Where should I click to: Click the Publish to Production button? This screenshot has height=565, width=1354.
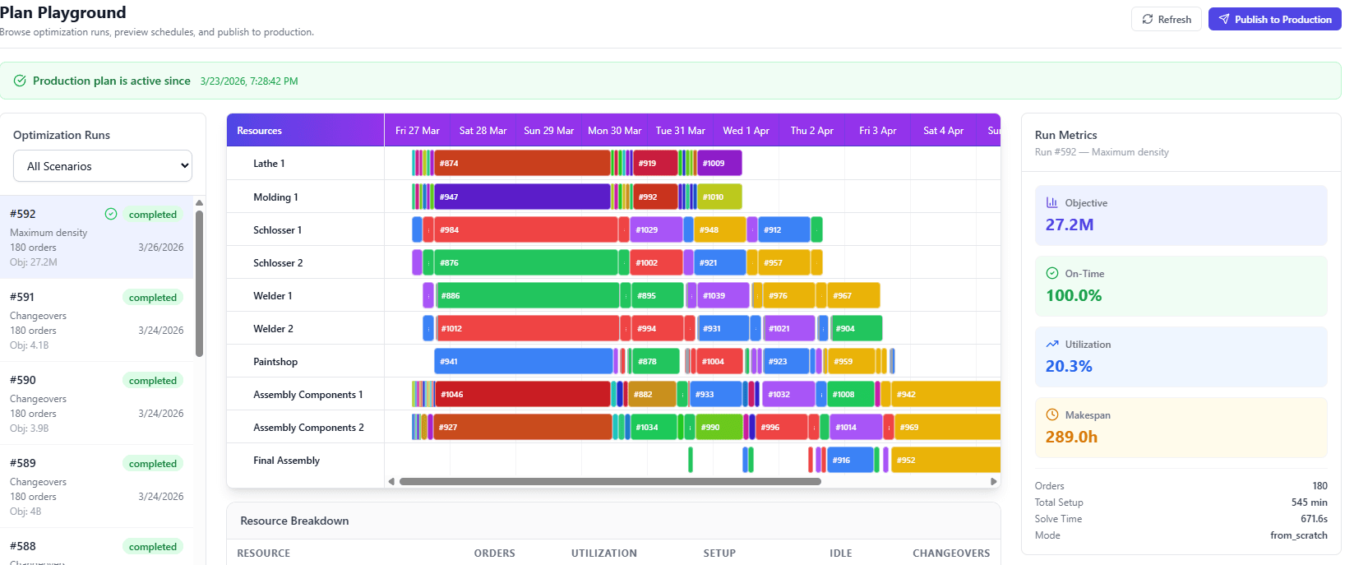pyautogui.click(x=1274, y=19)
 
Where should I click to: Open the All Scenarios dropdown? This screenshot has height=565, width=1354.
pyautogui.click(x=103, y=166)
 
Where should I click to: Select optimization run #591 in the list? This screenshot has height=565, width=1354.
pyautogui.click(x=96, y=320)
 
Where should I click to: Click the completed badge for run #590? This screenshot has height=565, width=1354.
pyautogui.click(x=153, y=381)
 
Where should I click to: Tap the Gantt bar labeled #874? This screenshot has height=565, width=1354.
pyautogui.click(x=522, y=164)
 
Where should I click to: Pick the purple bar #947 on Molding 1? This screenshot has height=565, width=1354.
pyautogui.click(x=522, y=197)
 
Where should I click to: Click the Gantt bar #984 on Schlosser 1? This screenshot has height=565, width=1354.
pyautogui.click(x=526, y=230)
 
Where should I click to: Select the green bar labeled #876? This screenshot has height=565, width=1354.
pyautogui.click(x=526, y=263)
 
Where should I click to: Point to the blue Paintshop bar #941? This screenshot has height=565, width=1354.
pyautogui.click(x=524, y=362)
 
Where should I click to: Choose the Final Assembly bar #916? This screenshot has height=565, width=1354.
pyautogui.click(x=850, y=461)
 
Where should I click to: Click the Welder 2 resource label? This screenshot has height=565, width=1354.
pyautogui.click(x=273, y=329)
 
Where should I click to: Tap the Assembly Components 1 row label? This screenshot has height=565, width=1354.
pyautogui.click(x=307, y=395)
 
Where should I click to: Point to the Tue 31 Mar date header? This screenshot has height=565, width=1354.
pyautogui.click(x=680, y=131)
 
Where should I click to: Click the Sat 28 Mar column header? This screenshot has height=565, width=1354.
pyautogui.click(x=483, y=131)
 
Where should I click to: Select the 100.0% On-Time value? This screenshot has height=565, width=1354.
pyautogui.click(x=1074, y=296)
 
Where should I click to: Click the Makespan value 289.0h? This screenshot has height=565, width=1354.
pyautogui.click(x=1071, y=438)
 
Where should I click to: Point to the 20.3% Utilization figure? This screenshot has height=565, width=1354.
pyautogui.click(x=1069, y=367)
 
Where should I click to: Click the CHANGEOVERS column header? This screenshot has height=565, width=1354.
pyautogui.click(x=951, y=553)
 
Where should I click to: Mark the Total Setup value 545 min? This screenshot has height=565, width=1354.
pyautogui.click(x=1309, y=502)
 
